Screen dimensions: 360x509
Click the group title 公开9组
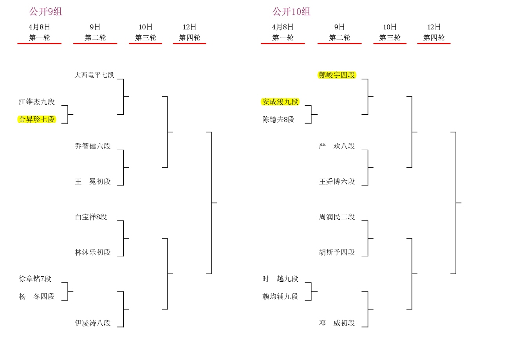coord(46,12)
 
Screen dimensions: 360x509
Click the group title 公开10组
coord(291,12)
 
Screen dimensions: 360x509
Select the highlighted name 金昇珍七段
coord(37,119)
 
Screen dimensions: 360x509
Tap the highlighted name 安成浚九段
coord(280,102)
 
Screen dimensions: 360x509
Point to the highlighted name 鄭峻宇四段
coord(337,75)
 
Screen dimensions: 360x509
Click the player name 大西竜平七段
coord(94,75)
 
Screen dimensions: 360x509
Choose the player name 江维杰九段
coord(37,102)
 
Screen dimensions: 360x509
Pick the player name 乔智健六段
coord(93,146)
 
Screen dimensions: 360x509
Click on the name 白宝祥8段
coord(91,217)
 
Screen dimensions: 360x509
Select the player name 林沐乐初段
coord(93,252)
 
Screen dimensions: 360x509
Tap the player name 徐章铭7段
coord(35,279)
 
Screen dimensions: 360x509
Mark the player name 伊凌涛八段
coord(93,323)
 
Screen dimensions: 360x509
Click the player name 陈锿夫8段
coord(278,119)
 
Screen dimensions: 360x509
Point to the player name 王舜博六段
coord(337,181)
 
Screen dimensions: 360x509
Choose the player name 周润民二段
coord(337,217)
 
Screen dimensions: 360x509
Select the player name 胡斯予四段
coord(337,252)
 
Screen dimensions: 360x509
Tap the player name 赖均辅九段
coord(280,297)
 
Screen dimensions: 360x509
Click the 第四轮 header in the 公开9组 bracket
coord(190,38)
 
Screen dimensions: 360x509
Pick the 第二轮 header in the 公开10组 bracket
coord(339,38)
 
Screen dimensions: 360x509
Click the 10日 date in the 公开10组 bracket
coord(390,27)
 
